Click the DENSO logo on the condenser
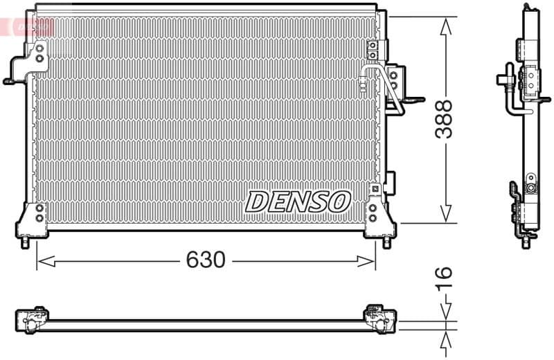298,201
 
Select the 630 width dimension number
206,260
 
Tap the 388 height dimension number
444,119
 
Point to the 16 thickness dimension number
444,277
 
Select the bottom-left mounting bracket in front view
33,219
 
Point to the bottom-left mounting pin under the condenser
26,244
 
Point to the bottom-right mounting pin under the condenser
386,244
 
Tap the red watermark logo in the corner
28,26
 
